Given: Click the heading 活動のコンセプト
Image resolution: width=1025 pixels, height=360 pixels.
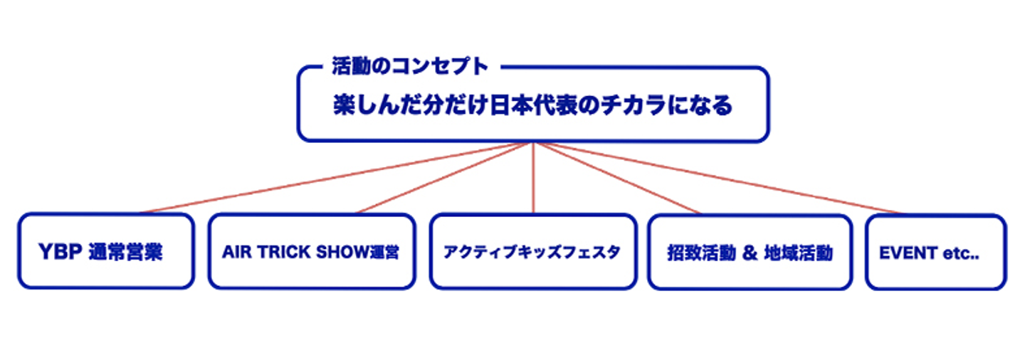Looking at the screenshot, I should pos(410,67).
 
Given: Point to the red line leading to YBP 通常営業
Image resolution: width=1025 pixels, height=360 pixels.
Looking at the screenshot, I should pos(335,177).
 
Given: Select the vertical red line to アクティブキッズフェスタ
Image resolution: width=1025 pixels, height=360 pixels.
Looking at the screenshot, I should pos(533,178).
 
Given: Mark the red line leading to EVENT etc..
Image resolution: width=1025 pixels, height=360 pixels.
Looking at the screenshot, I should pos(719,177).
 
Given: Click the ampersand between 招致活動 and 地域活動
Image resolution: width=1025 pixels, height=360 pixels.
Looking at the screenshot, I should pos(748,253).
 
